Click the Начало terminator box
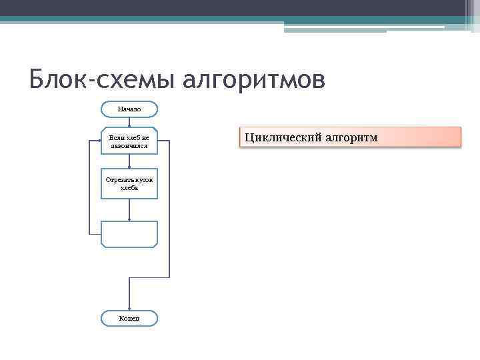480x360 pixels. pyautogui.click(x=129, y=109)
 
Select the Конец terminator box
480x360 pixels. pyautogui.click(x=129, y=319)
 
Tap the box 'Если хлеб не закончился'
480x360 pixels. pyautogui.click(x=129, y=141)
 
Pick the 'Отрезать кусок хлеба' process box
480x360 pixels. pyautogui.click(x=129, y=183)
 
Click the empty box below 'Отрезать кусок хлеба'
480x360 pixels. pyautogui.click(x=129, y=235)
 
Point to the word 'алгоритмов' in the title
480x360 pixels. pyautogui.click(x=254, y=79)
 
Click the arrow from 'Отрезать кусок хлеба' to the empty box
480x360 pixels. pyautogui.click(x=129, y=210)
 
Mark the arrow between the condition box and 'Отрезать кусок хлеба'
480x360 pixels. pyautogui.click(x=129, y=161)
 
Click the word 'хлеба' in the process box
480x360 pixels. pyautogui.click(x=129, y=188)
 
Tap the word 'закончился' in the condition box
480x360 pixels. pyautogui.click(x=129, y=145)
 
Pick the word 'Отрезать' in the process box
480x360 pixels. pyautogui.click(x=119, y=179)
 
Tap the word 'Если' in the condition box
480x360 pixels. pyautogui.click(x=116, y=137)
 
